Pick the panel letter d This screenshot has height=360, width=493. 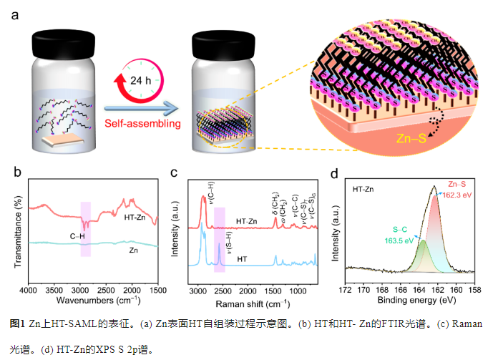(334, 173)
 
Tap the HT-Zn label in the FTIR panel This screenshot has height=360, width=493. (137, 216)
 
